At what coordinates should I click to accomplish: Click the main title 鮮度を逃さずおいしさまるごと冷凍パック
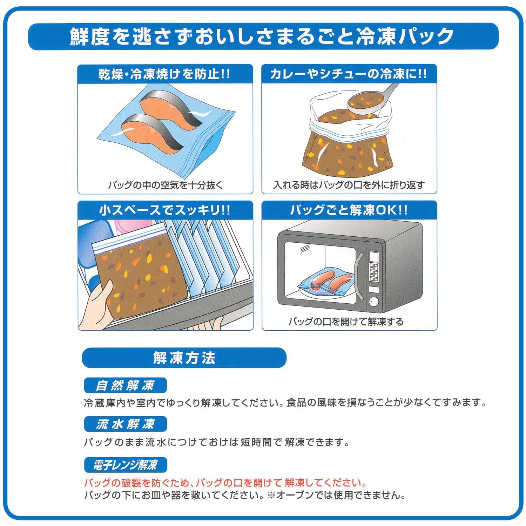tap(262, 36)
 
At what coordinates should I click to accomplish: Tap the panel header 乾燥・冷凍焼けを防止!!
tap(165, 74)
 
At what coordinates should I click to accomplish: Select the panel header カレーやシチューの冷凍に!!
tap(349, 74)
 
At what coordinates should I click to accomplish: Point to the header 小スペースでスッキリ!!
tap(165, 210)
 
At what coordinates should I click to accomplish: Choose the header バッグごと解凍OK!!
tap(349, 210)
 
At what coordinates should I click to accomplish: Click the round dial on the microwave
tap(374, 301)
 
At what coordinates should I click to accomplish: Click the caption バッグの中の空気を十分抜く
tap(165, 185)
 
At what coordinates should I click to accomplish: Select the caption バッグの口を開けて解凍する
tap(346, 321)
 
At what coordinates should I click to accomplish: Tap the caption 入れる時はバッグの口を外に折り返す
tap(349, 185)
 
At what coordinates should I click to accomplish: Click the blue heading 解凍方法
tap(184, 358)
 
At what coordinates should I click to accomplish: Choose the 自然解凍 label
tap(125, 385)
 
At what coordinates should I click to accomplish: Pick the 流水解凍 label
tap(125, 424)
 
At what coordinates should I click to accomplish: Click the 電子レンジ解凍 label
tap(125, 465)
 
